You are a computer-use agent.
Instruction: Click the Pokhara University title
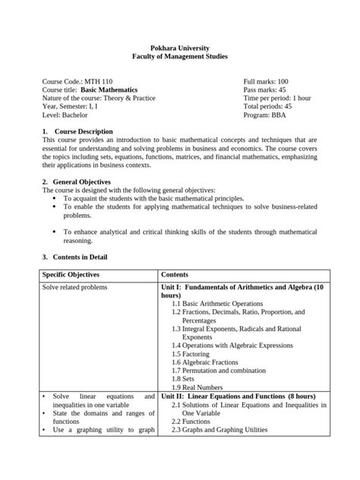(179, 47)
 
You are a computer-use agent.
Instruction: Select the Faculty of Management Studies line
(179, 57)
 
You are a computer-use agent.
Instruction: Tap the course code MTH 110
(72, 81)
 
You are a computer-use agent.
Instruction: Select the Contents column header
(175, 273)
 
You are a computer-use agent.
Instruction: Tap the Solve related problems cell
(74, 288)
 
